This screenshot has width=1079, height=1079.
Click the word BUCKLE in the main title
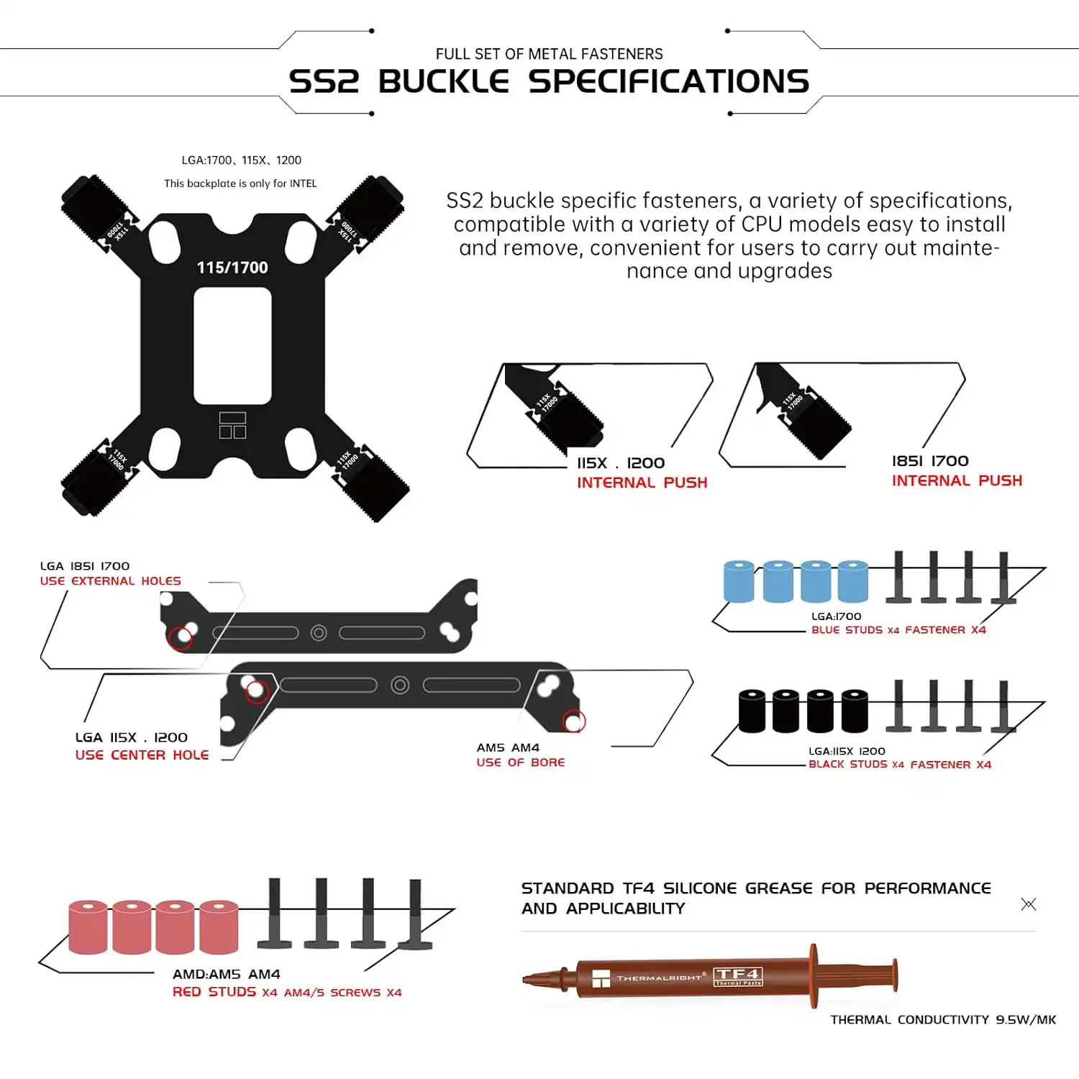point(444,81)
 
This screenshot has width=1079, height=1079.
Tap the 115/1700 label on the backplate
point(232,268)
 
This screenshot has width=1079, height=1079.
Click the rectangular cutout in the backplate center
point(232,345)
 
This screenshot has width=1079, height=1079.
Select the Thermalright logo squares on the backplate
point(232,425)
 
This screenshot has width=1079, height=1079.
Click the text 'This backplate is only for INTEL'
point(240,183)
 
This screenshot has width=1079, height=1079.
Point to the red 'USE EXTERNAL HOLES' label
point(111,581)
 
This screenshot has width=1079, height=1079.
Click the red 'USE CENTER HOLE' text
point(142,755)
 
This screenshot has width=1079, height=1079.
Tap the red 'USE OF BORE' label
point(520,762)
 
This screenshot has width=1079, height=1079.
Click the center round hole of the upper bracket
point(319,633)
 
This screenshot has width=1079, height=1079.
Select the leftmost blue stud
point(739,581)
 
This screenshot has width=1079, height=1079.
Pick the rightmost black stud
point(855,710)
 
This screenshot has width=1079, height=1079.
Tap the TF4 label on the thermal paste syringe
point(737,975)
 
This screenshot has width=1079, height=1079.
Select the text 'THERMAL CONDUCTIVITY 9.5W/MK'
point(943,1019)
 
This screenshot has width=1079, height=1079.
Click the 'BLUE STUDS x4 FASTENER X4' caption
point(898,630)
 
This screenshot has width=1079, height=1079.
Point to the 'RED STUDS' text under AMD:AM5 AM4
point(214,992)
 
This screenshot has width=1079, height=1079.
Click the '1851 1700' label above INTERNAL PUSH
point(930,461)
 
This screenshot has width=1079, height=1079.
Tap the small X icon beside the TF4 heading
point(1029,904)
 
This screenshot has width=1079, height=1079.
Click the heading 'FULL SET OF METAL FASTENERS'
point(549,54)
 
